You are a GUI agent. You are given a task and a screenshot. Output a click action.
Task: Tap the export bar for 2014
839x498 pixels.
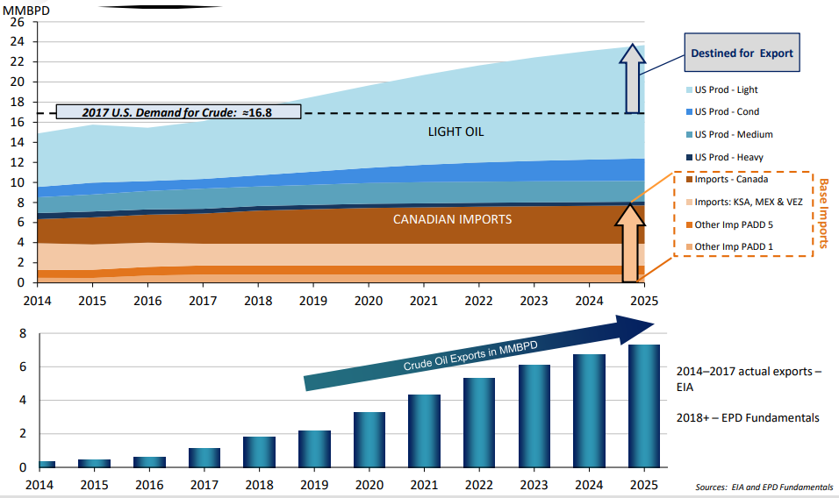point(47,464)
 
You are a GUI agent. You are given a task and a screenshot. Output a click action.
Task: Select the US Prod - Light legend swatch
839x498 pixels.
point(687,89)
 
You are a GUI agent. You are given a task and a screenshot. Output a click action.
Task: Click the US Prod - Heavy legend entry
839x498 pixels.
point(728,157)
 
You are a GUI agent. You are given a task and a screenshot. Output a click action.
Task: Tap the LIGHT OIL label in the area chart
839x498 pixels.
point(455,132)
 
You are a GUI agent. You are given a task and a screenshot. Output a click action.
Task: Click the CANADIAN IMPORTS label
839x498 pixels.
point(452,219)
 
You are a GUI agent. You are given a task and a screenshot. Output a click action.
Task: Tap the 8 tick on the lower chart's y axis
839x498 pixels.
point(23,334)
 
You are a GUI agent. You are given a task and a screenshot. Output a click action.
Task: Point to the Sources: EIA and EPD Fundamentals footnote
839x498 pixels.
point(764,487)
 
